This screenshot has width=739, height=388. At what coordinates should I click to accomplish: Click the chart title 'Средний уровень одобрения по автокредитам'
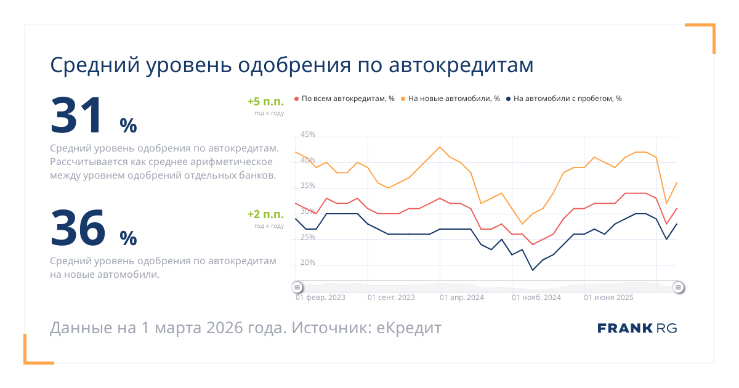coord(291,65)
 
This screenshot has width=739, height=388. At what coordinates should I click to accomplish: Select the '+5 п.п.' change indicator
coord(265,102)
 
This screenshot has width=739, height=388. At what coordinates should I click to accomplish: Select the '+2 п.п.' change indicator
coord(265,214)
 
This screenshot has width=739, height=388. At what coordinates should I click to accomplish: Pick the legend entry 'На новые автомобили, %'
coord(453,99)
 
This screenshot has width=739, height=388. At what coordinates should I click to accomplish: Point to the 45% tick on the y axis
coord(307,134)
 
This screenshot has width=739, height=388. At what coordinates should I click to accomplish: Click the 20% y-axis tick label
coord(307,262)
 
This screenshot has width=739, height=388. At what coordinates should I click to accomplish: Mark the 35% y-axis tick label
coord(307,185)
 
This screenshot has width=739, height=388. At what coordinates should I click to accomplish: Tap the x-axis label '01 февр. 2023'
coord(320,297)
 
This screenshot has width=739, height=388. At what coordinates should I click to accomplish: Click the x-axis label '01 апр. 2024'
coord(462,297)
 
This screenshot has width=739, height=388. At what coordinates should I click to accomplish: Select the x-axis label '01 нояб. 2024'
coord(536,297)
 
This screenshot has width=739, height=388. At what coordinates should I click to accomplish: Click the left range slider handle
coord(297,288)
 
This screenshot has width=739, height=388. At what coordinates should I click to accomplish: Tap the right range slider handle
coord(678,288)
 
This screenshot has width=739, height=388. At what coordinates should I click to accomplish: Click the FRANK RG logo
coord(637,328)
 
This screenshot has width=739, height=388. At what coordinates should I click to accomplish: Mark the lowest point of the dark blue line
coord(533,270)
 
